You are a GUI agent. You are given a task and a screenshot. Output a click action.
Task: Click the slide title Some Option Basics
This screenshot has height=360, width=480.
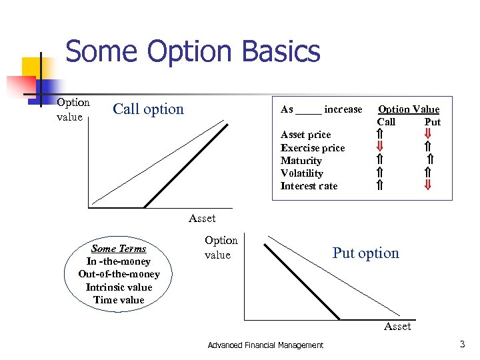193,52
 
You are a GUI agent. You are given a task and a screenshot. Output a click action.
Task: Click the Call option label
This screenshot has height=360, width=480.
148,109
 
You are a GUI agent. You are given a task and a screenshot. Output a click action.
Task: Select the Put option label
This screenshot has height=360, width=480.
365,253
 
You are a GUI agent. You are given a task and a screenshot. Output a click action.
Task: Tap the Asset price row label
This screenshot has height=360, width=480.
305,135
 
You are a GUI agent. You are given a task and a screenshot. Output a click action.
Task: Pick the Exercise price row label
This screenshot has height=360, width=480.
313,148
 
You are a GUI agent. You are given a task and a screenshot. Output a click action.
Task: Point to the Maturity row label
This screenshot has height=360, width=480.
301,161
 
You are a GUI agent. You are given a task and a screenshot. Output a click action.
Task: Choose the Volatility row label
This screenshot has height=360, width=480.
302,173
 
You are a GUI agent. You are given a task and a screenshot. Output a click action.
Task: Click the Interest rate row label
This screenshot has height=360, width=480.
309,186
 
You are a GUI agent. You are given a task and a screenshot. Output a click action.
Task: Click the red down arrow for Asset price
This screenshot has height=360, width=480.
429,135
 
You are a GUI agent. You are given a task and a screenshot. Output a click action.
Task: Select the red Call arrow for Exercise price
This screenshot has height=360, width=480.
379,147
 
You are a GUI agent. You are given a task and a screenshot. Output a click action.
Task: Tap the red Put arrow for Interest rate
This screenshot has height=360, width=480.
429,186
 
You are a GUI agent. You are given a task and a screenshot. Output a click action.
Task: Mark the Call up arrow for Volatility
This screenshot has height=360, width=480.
379,173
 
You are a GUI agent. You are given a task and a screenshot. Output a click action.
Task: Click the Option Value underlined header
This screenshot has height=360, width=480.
409,109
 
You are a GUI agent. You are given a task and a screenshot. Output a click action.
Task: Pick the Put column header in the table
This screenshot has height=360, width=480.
433,122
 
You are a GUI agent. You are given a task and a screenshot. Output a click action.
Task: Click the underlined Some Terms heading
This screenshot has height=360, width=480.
119,249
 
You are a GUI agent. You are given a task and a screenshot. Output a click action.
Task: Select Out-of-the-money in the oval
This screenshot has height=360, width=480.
119,274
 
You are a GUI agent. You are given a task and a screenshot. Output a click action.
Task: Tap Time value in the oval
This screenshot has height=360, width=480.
119,300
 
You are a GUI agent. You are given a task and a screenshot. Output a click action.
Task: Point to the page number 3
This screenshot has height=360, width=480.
462,344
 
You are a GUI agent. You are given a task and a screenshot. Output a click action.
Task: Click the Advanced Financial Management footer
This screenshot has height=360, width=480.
265,345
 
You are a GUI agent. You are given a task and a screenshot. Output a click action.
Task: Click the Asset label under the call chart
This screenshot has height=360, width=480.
202,218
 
